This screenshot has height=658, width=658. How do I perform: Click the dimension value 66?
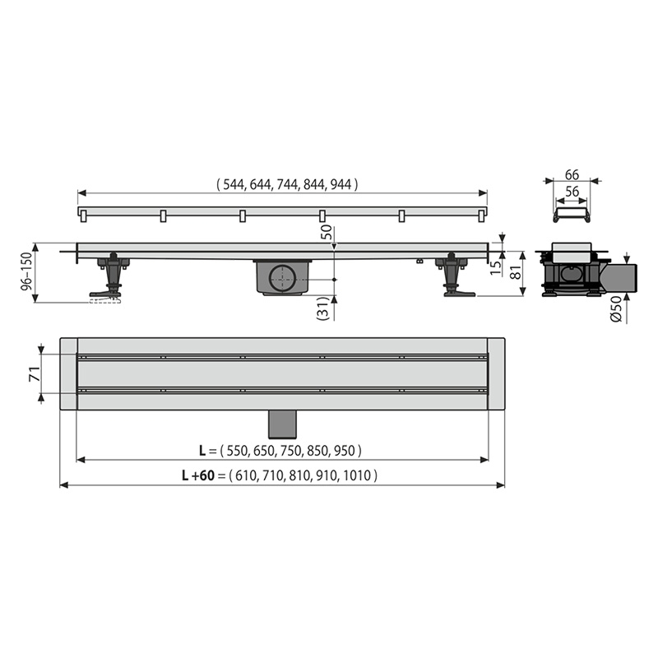click(572, 174)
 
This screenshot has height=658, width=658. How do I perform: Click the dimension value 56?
click(572, 192)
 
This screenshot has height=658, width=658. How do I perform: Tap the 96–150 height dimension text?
click(26, 271)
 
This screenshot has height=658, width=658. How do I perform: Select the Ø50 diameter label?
click(615, 309)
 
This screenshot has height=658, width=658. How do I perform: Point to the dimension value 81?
click(517, 273)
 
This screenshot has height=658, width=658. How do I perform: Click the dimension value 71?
click(35, 374)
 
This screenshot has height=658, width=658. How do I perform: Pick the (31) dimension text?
click(322, 309)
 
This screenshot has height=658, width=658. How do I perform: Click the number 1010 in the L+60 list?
click(357, 475)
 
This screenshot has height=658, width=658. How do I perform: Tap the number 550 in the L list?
click(237, 451)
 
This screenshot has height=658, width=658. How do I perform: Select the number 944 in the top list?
click(341, 184)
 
